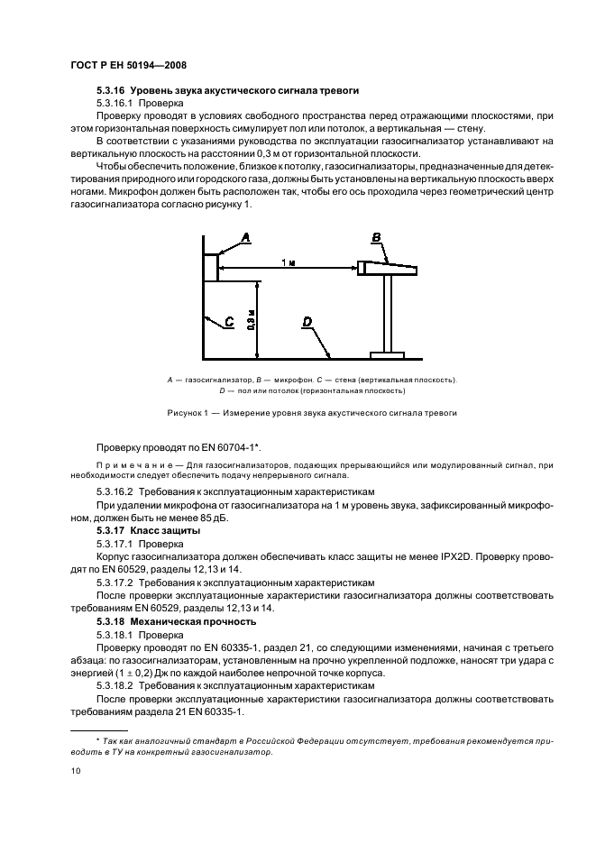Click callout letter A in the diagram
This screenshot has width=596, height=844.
point(245,237)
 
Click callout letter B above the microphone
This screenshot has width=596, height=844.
point(377,237)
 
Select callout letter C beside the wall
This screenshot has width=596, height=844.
point(229,320)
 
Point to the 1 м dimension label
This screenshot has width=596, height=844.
point(287,261)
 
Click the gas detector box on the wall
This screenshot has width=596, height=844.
point(210,267)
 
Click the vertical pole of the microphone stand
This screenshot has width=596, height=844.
point(389,312)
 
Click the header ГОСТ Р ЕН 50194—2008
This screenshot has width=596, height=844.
point(127,65)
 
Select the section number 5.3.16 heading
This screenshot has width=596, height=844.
point(112,91)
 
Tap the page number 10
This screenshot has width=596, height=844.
point(76,771)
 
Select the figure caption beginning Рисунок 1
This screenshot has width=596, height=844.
point(312,412)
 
